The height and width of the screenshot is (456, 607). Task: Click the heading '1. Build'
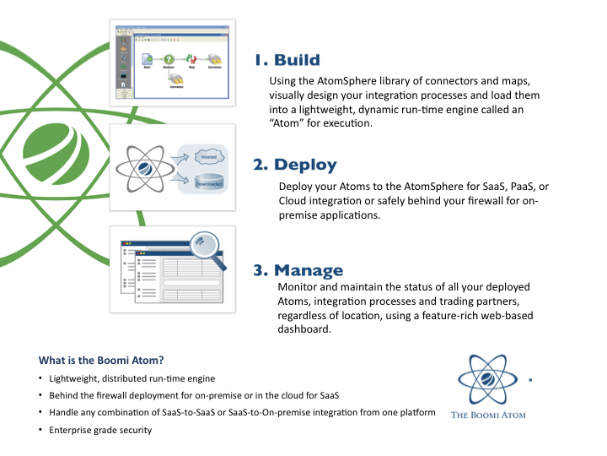pos(287,60)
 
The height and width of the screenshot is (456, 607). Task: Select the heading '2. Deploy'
pos(295,165)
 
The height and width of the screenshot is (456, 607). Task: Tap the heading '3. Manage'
pos(298,270)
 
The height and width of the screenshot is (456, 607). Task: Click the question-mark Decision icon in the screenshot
pos(169,60)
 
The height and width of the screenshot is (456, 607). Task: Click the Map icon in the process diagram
pos(192,60)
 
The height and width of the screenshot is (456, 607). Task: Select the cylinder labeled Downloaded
pos(208,181)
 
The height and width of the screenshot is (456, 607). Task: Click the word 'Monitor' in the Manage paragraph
pos(297,287)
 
